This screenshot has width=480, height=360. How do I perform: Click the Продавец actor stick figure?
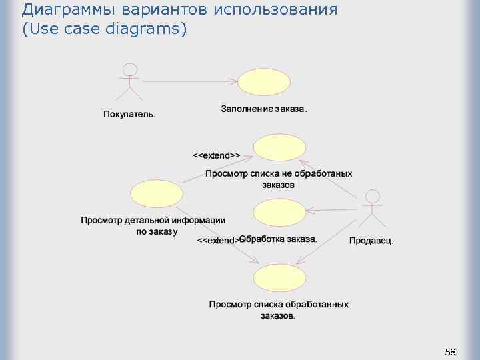point(372,209)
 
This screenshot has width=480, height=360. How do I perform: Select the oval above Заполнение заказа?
point(265,83)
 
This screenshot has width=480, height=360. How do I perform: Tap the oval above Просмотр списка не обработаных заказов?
point(279,147)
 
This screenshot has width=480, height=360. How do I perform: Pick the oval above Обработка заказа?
point(279,213)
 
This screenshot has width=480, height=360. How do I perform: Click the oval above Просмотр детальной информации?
point(156,194)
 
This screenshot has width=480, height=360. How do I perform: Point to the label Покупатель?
point(130,114)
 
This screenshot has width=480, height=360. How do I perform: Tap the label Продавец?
point(371,241)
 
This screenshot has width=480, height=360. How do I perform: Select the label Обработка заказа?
point(278,239)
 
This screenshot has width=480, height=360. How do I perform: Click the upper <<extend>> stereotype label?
point(217,155)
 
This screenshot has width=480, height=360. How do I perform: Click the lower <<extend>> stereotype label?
point(218,240)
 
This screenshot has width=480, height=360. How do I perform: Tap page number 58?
point(450,351)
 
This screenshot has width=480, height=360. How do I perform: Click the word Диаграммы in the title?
point(59,10)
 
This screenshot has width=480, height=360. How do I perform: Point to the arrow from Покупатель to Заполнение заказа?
point(191,81)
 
